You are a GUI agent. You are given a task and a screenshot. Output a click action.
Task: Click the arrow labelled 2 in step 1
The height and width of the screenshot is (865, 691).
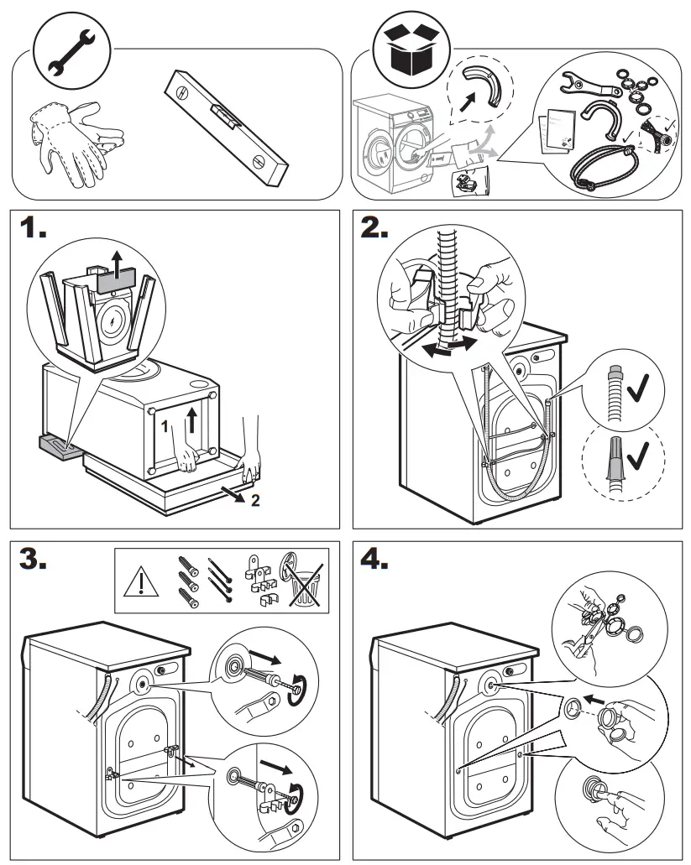[230, 492]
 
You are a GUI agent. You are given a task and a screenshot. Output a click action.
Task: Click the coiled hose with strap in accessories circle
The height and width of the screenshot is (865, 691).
[597, 164]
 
